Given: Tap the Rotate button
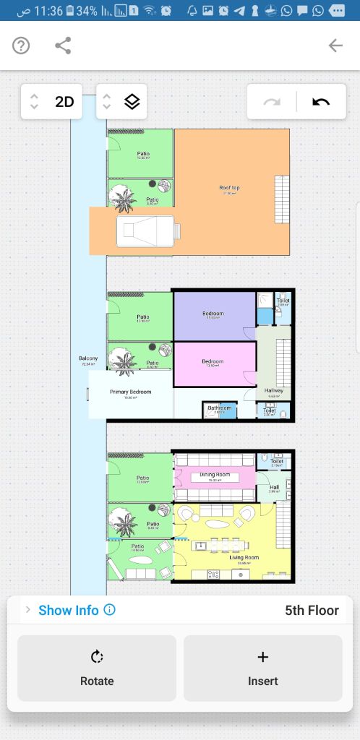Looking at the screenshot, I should tap(97, 668).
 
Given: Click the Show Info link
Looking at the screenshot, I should tap(69, 610).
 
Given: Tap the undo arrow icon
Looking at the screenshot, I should tap(321, 102).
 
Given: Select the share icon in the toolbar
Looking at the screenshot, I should tap(64, 46).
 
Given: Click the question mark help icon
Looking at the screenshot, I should tap(21, 46).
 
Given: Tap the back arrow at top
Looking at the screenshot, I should tap(335, 46).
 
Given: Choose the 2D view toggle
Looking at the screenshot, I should tap(64, 102).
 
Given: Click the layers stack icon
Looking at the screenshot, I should tap(132, 102).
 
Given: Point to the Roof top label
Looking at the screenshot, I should tap(229, 188).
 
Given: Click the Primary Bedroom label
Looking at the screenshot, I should tap(130, 392).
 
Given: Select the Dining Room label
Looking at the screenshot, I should tap(215, 474).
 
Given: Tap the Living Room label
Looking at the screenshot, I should tap(244, 557).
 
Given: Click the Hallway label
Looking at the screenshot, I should tap(274, 390).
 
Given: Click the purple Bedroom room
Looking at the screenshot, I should tap(213, 315).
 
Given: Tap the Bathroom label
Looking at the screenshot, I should tap(219, 408).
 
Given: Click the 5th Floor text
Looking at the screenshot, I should tap(312, 610).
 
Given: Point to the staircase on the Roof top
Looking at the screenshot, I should tap(281, 199).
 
